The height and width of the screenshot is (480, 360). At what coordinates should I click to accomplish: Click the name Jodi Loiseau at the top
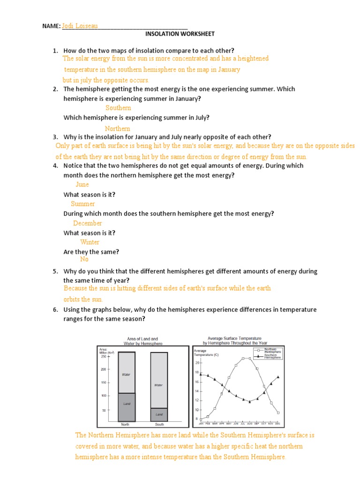coord(80,26)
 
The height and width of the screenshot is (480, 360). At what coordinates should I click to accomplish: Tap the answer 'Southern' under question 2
coord(118,108)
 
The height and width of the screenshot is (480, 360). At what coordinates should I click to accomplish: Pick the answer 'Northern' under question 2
coord(117,128)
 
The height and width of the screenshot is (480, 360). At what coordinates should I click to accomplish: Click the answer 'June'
coord(82,184)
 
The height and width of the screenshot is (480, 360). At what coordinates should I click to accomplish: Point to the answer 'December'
coord(87,223)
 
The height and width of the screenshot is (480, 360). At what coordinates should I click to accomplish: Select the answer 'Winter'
coord(90,242)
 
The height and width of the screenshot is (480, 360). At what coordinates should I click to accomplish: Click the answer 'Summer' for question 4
coord(83,203)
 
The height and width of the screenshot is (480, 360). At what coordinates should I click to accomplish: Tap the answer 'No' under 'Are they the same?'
coord(84,259)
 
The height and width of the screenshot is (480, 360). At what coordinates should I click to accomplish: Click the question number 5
coord(55,271)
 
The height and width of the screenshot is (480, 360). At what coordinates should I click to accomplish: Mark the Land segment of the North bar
coord(127,406)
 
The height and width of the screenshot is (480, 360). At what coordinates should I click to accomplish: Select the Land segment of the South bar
coord(159,414)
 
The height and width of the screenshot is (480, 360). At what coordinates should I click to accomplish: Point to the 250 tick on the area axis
coord(103,356)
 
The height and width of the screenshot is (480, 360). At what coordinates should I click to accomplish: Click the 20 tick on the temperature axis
coord(197,363)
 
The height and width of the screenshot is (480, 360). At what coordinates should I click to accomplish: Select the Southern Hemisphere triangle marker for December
coord(278,377)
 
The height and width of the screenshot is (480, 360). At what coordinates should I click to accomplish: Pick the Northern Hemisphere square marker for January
coord(201,419)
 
